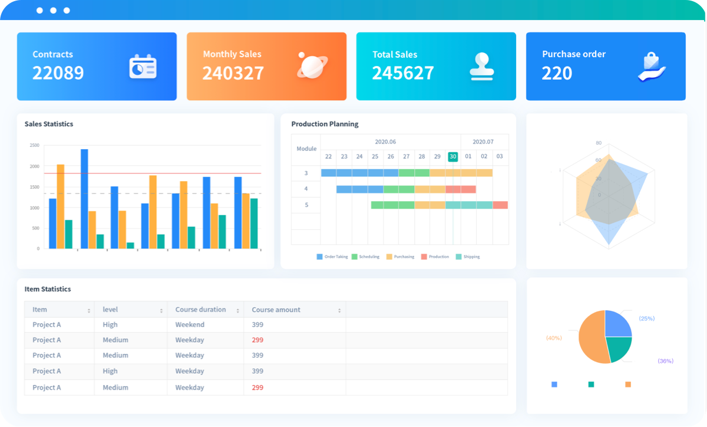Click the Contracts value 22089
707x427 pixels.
coord(58,73)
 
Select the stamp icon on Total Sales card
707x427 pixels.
coord(482,66)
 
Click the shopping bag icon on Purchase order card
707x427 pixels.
coord(652,66)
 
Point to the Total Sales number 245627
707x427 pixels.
coord(403,73)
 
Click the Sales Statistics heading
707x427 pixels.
coord(49,124)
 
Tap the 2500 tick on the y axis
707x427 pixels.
coord(34,145)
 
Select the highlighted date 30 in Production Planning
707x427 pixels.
coord(452,156)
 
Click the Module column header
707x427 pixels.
coord(306,149)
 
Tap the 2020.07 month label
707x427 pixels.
coord(483,142)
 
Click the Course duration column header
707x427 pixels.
coord(200,310)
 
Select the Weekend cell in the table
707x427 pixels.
coord(190,324)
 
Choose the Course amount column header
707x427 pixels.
coord(276,310)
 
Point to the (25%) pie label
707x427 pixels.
coord(646,318)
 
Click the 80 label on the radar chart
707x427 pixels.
coord(599,143)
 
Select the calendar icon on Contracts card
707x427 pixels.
coord(143,66)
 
